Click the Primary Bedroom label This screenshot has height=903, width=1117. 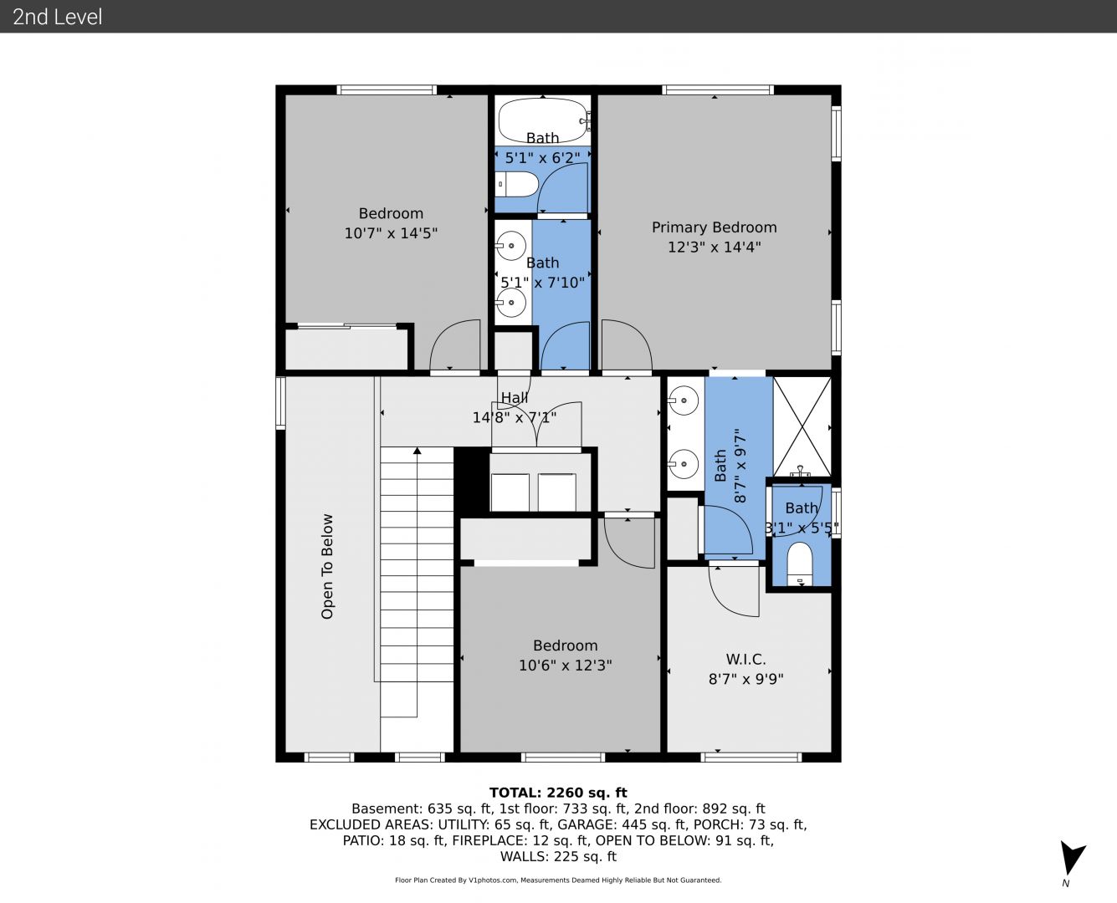click(x=714, y=227)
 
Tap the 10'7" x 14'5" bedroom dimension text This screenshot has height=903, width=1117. click(x=391, y=233)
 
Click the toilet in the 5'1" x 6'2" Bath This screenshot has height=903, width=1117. click(x=517, y=184)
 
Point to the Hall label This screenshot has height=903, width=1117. click(x=515, y=398)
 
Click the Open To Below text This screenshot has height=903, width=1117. click(x=326, y=567)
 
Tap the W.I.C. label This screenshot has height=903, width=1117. click(x=746, y=659)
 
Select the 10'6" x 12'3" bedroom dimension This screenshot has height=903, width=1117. click(x=566, y=666)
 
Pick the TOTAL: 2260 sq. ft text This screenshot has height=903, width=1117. click(x=558, y=793)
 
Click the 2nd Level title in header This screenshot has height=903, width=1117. click(x=57, y=17)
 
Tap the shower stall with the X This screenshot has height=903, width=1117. click(x=802, y=426)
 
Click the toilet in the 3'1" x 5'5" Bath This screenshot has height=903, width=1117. click(x=800, y=564)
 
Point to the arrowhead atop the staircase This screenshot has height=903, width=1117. click(x=417, y=450)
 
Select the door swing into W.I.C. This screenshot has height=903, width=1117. click(x=733, y=591)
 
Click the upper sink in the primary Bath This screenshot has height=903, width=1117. click(x=683, y=401)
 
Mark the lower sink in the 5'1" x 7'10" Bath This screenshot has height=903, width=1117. click(x=510, y=303)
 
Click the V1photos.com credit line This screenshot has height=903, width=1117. click(x=558, y=880)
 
